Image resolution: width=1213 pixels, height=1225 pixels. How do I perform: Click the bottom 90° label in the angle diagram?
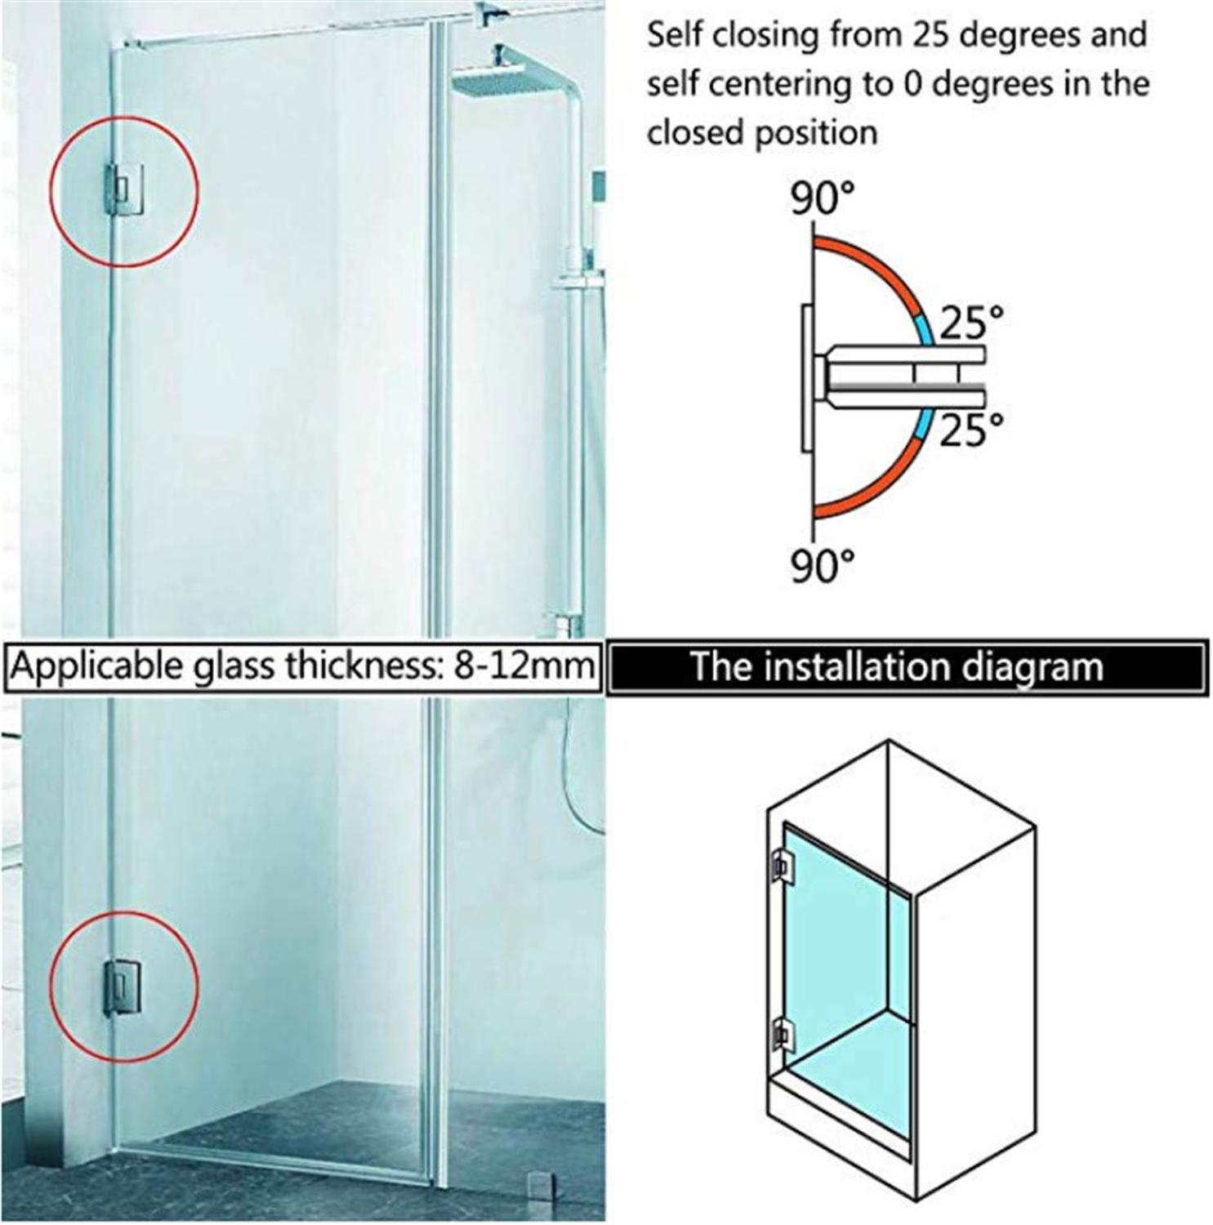pos(822,565)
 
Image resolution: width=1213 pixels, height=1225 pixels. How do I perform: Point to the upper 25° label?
pos(970,323)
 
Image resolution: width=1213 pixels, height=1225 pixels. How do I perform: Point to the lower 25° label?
pos(970,430)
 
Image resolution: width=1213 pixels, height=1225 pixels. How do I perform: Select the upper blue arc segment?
pos(925,329)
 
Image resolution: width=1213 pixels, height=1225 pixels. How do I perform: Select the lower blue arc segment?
pos(924,424)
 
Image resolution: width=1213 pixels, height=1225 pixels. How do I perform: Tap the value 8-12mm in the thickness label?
pos(523,666)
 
